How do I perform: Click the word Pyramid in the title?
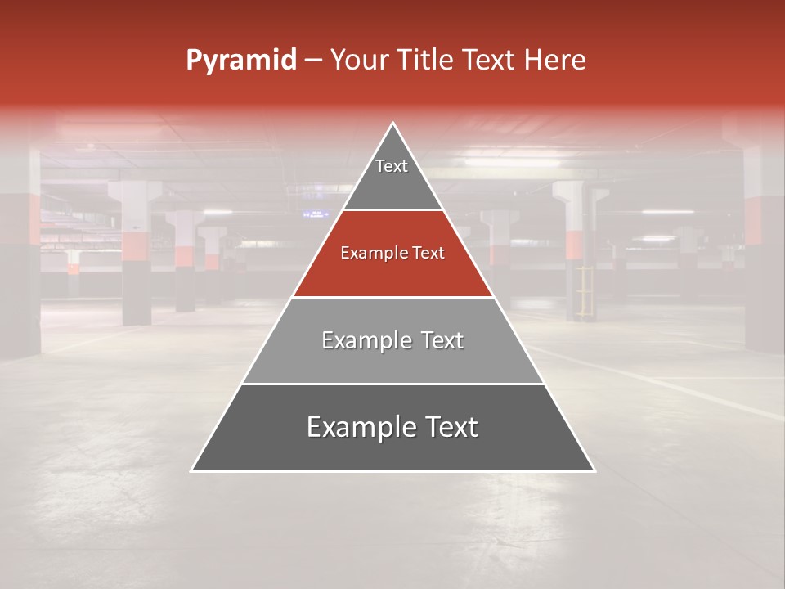coord(241,61)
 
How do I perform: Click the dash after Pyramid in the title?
coord(313,61)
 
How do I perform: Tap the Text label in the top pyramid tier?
coord(392,166)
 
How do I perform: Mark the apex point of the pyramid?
coord(393,124)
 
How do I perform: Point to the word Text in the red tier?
coord(428,253)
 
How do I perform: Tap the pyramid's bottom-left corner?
coord(192,470)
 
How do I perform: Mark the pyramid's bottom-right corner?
coord(594,470)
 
